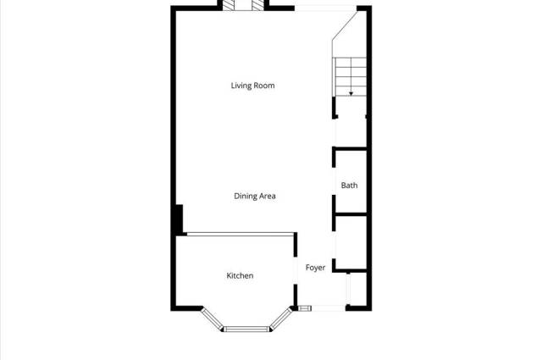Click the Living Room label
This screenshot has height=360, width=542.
252,86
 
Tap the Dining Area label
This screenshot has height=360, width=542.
255,196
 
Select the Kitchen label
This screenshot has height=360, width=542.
240,275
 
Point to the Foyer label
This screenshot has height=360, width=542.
315,268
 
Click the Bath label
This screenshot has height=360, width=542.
349,186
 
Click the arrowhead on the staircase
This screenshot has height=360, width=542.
351,94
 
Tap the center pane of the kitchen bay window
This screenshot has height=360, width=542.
246,329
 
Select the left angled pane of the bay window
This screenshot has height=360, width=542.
213,319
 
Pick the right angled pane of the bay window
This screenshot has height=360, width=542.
281,318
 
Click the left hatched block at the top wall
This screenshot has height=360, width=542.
228,5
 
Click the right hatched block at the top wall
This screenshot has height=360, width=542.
257,5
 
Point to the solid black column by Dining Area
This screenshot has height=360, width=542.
179,220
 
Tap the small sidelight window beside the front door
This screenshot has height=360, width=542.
305,308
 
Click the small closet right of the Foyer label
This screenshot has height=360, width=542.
357,288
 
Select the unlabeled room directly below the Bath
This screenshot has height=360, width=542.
351,241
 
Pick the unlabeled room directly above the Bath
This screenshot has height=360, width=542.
351,133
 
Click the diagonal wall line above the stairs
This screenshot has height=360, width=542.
345,25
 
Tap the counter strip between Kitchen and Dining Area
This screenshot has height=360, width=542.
240,234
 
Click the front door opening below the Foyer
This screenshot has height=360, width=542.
329,308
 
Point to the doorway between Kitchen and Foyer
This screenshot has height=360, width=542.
296,270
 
